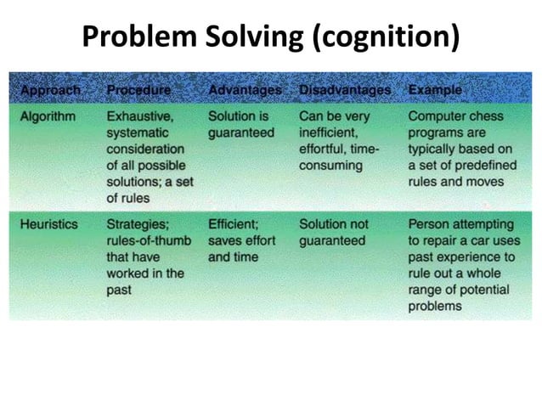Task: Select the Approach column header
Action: [x=50, y=89]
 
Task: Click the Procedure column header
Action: [x=138, y=89]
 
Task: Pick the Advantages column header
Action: [x=245, y=89]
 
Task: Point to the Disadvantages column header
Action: [x=345, y=89]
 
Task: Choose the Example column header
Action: [x=435, y=89]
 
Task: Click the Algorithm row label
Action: [x=48, y=116]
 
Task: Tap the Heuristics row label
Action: [x=49, y=225]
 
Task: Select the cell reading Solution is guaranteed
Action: [x=241, y=124]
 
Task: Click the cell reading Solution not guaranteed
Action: [x=333, y=233]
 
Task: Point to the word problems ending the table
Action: [x=436, y=306]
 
